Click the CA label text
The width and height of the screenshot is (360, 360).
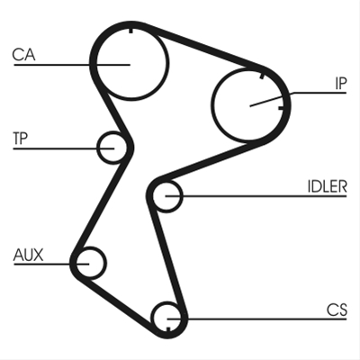point(23,55)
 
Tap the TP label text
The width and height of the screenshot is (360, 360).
point(20,139)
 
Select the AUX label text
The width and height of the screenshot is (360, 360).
point(28,255)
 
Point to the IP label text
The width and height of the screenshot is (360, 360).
point(341,84)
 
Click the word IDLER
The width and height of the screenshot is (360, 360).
point(327,186)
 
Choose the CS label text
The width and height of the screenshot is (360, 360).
point(337,310)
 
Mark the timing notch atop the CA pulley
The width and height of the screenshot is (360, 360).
point(130,31)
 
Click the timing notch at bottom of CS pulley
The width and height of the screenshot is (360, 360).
point(168,328)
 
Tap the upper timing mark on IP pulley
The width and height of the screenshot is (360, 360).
point(262,76)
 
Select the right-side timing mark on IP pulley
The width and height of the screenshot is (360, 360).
point(281,108)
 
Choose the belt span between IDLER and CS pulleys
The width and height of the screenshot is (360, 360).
point(166,259)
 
